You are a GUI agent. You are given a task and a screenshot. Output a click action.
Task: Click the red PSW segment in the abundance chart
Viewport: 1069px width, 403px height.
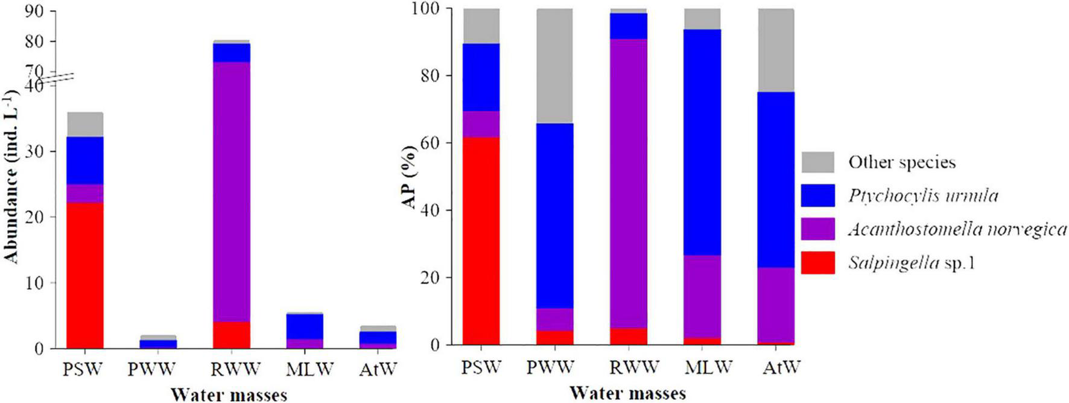(x=85, y=275)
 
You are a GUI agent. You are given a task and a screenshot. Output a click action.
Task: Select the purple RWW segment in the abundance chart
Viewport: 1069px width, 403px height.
(x=232, y=192)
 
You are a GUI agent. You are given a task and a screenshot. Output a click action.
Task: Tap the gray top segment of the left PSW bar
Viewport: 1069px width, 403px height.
(x=85, y=124)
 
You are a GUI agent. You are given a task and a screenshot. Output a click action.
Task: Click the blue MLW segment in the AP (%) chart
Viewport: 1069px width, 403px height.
(x=702, y=142)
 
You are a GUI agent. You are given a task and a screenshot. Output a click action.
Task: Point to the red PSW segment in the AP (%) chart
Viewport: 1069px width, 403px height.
(x=481, y=241)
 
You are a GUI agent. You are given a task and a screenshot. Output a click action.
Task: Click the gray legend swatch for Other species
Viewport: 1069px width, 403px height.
(x=817, y=162)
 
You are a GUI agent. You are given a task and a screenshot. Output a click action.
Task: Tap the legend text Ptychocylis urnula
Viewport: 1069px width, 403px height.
(x=923, y=196)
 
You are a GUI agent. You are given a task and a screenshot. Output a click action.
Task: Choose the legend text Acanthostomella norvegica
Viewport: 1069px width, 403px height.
(x=957, y=229)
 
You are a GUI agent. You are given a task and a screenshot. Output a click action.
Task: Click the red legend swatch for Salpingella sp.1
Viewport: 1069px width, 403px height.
(x=817, y=263)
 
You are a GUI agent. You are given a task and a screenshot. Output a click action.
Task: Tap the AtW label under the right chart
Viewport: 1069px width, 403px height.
(x=781, y=366)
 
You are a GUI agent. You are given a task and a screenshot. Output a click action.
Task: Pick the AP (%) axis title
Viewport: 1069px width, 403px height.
(x=410, y=177)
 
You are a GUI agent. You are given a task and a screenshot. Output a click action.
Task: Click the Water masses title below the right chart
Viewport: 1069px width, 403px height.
(x=628, y=393)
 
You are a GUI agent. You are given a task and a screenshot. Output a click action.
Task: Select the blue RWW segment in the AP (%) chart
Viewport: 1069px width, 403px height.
(x=629, y=26)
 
